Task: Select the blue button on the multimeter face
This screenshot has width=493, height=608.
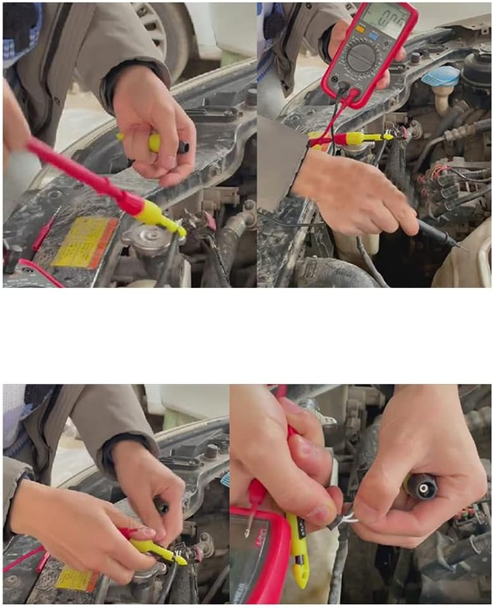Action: tap(373, 37)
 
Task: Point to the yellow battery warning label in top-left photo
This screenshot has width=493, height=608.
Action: tap(83, 242)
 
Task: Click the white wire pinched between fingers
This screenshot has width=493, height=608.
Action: tap(349, 518)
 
